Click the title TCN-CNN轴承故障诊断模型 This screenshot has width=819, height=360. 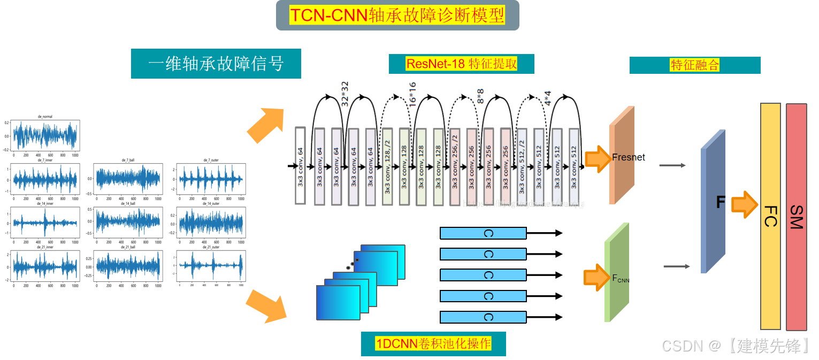click(x=397, y=15)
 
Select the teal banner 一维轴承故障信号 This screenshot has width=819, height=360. click(x=216, y=64)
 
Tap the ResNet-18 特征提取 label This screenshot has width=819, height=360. click(x=461, y=64)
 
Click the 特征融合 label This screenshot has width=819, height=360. click(x=694, y=65)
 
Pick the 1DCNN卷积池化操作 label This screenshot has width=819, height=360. click(x=433, y=343)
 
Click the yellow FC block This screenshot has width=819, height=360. click(x=770, y=216)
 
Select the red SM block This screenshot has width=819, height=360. click(x=796, y=216)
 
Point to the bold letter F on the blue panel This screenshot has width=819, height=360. click(x=721, y=202)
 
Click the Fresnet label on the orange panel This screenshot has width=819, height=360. click(x=629, y=157)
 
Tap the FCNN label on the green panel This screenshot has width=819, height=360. click(x=621, y=278)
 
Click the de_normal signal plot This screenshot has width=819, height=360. click(x=45, y=135)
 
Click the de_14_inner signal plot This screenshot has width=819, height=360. click(x=45, y=222)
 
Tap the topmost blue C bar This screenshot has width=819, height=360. click(x=483, y=233)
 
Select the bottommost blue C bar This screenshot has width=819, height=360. click(x=483, y=317)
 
